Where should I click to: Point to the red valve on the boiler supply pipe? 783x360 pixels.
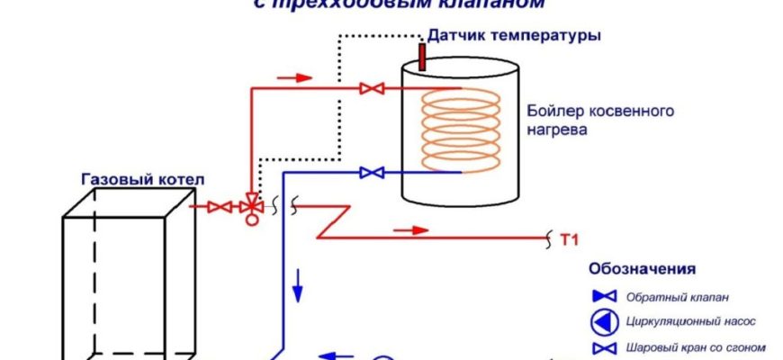coord(368,88)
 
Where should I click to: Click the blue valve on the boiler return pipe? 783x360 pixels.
coord(369,172)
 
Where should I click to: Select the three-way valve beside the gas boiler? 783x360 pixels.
coord(251,208)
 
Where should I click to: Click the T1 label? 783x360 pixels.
coord(568,239)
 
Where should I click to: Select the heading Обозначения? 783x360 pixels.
coord(643,268)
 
